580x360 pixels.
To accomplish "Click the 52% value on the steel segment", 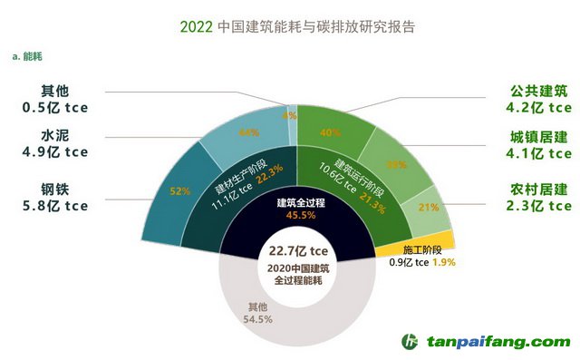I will point(179,191).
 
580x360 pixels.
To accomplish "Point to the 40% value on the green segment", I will point(330,134).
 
